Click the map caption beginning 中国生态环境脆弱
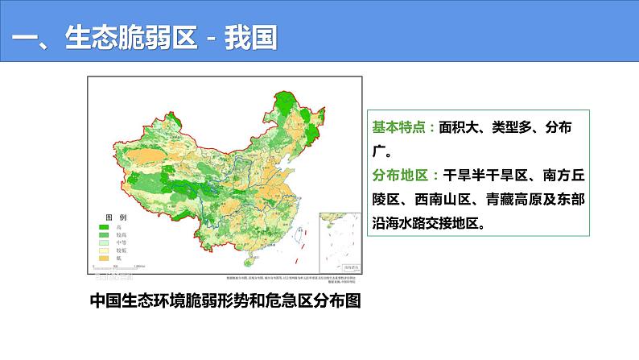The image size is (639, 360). click(226, 301)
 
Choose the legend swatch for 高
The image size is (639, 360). click(104, 227)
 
